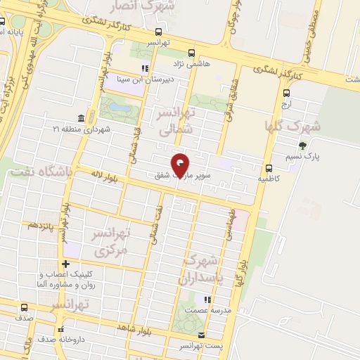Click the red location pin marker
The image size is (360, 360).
(181, 165)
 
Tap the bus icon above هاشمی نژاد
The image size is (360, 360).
(191, 52)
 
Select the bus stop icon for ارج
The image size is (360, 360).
(286, 92)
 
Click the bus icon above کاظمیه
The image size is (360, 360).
(269, 167)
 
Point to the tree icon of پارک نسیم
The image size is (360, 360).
(302, 146)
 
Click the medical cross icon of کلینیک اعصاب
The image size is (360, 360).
(65, 264)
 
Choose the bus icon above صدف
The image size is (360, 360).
(25, 307)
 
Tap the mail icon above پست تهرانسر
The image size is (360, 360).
(201, 335)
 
